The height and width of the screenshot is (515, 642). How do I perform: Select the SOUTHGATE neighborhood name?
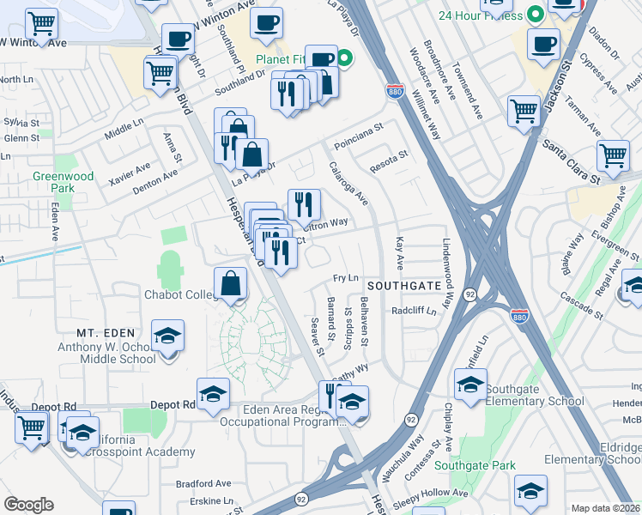[x=404, y=284]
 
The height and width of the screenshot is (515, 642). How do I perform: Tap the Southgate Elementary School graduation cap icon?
[x=470, y=385]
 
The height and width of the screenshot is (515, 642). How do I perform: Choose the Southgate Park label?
[x=475, y=466]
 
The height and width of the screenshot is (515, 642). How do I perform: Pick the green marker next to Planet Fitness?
[x=344, y=59]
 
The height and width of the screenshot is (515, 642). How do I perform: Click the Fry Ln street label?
[x=345, y=279]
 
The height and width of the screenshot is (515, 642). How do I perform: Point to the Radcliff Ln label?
[x=414, y=311]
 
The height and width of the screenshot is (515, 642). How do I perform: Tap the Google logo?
[x=28, y=505]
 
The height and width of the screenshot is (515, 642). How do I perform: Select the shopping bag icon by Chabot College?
[x=232, y=284]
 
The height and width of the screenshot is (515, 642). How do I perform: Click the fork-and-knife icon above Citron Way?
[x=304, y=204]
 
